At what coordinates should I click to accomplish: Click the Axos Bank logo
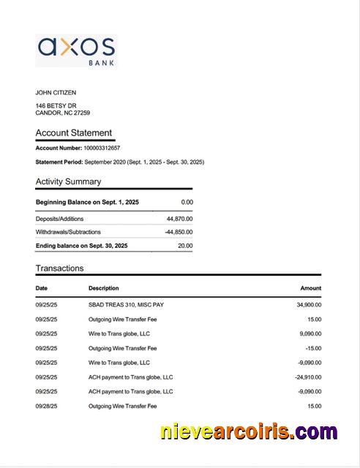coord(76,50)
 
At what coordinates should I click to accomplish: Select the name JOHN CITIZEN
coord(56,93)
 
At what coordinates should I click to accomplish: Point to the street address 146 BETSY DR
coord(56,106)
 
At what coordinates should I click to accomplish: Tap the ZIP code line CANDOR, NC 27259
coord(63,113)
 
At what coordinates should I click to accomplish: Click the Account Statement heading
coord(74,133)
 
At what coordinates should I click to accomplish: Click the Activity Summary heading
coord(69,181)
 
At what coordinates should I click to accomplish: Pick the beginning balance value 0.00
coord(187,202)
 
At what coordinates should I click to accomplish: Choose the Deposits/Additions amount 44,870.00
coord(179,219)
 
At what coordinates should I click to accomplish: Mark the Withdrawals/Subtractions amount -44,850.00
coord(179,232)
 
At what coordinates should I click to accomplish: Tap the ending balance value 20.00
coord(185,246)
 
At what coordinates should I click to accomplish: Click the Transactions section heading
coord(59,268)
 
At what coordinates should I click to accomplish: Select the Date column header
coord(42,288)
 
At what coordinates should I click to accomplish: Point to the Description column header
coord(104,288)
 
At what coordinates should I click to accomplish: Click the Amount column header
coord(310,288)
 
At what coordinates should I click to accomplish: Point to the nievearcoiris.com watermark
coord(249,431)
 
